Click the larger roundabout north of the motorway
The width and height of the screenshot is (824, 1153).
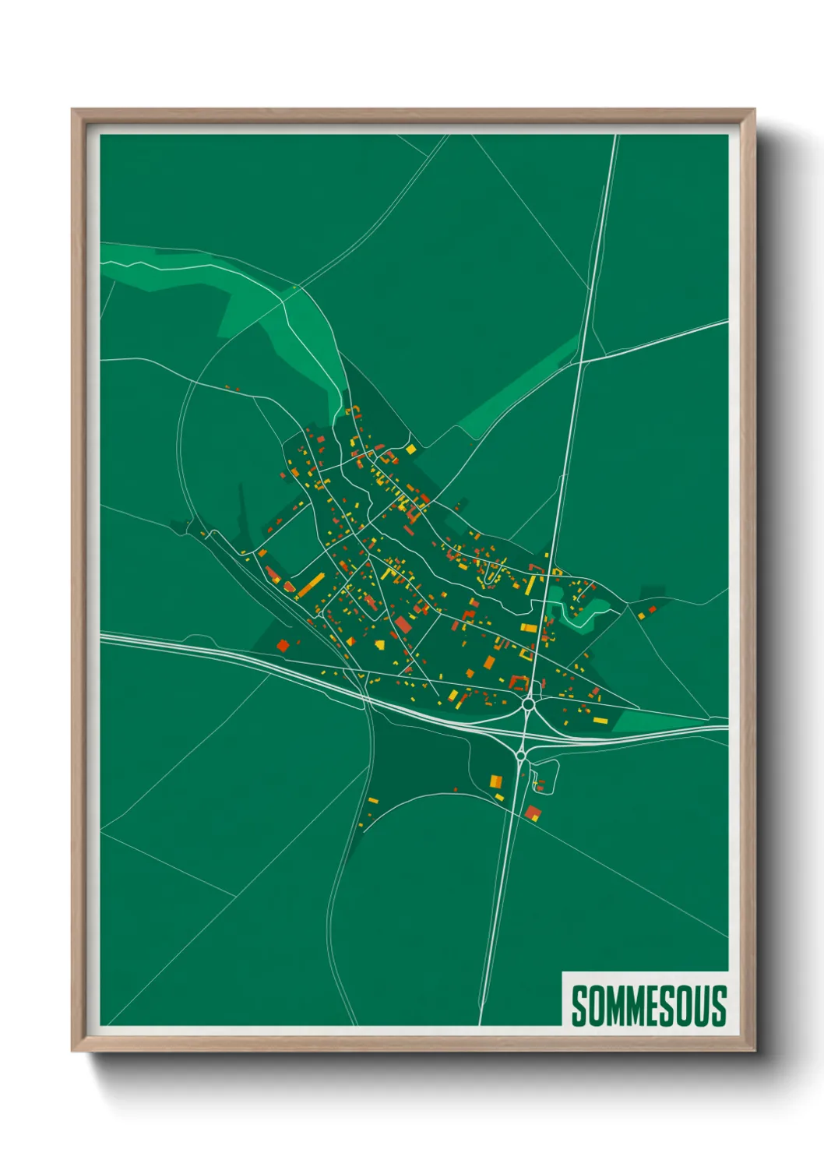[528, 703]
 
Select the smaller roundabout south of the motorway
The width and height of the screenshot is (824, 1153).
[519, 755]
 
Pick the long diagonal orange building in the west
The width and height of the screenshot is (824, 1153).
[310, 584]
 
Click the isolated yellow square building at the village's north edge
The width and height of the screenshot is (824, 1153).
[410, 449]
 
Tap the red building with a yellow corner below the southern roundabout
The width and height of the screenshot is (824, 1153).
[533, 813]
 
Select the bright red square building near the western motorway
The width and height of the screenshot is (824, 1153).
[283, 645]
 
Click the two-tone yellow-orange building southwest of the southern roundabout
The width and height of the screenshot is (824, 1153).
[495, 780]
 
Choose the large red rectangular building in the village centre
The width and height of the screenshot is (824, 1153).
[403, 624]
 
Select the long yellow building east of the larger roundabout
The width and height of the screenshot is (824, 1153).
[600, 720]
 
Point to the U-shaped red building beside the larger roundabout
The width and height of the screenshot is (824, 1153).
[518, 683]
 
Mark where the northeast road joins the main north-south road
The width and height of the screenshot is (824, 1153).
[579, 361]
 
